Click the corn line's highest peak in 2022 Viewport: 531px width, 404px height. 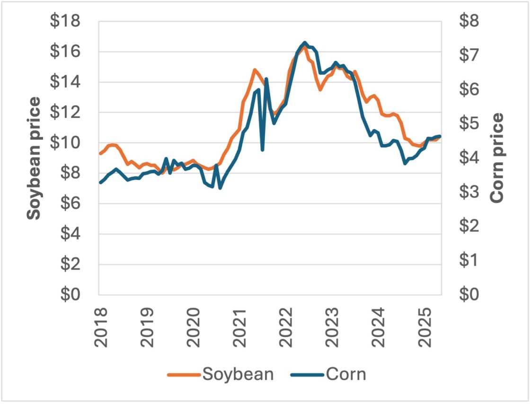click(x=305, y=43)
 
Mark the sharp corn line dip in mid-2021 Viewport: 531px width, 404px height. click(x=262, y=150)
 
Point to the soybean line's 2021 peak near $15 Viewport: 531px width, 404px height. click(x=255, y=70)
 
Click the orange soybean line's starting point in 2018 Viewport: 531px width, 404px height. click(x=100, y=153)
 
